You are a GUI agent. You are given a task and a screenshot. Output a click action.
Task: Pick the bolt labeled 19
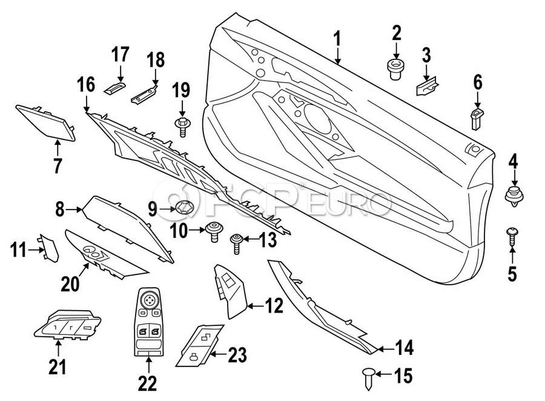tap(182, 127)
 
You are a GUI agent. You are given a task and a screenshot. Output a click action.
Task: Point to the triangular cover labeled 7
tap(47, 122)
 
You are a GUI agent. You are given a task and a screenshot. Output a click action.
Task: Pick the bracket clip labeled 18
tap(146, 93)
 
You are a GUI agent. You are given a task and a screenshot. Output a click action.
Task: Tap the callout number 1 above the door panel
tap(337, 40)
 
